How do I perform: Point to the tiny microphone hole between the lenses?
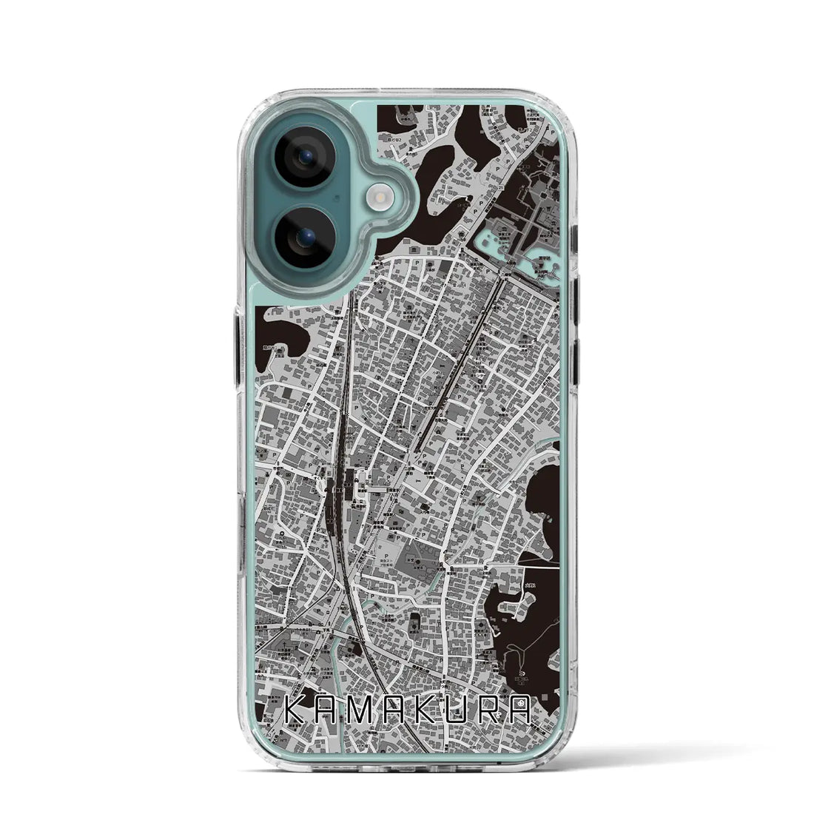[337, 198]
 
